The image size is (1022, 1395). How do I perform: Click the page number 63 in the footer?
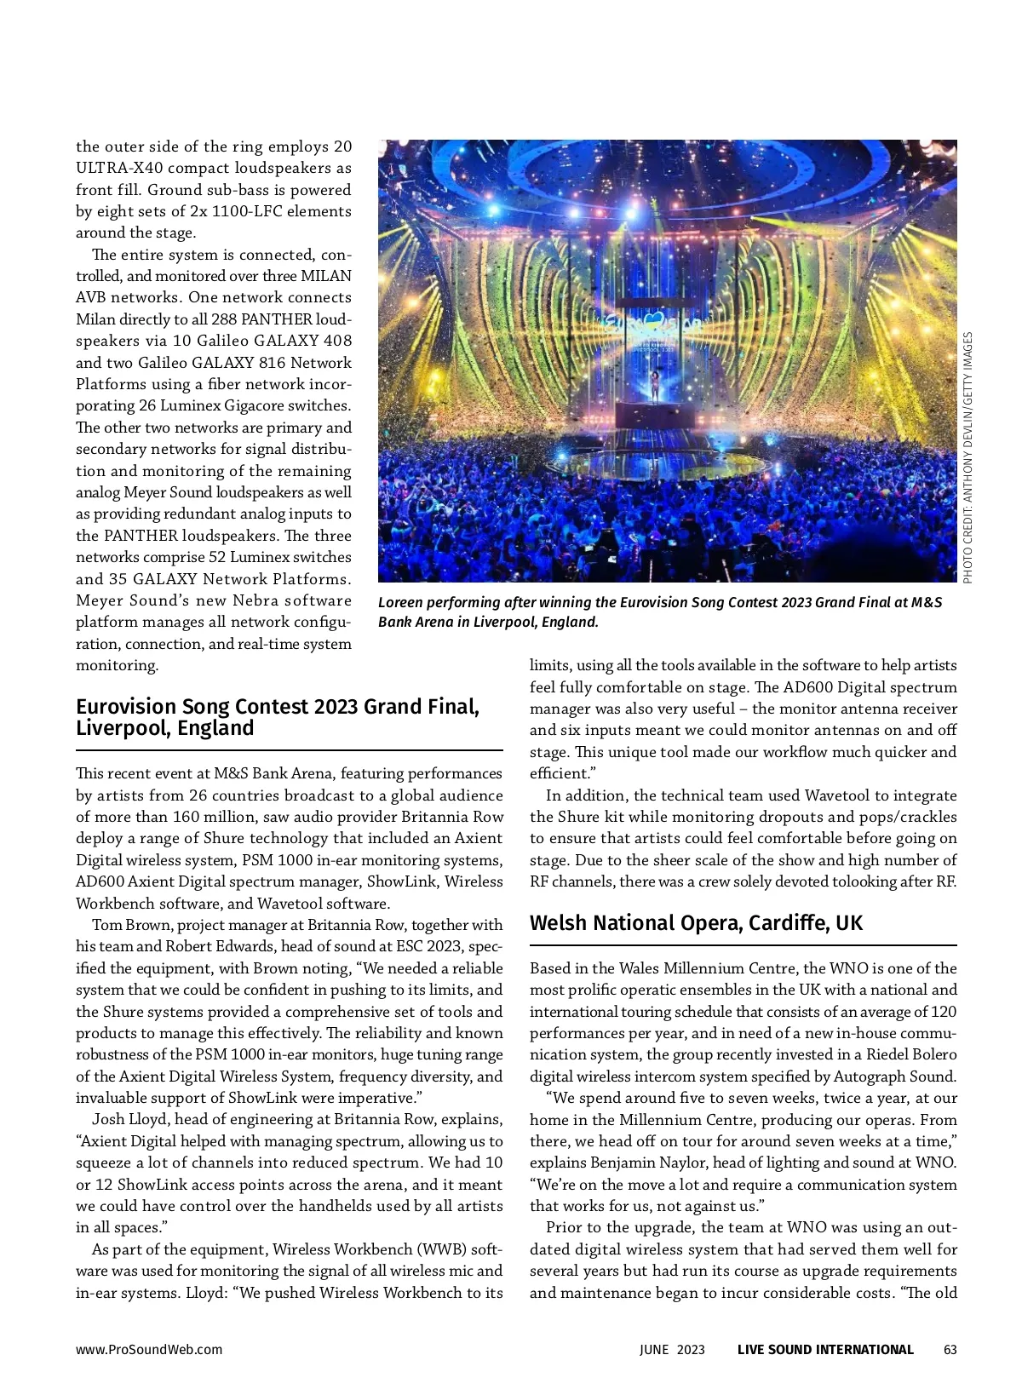950,1350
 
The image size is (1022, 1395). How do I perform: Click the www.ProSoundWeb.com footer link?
149,1350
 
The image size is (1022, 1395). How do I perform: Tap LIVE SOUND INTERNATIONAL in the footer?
825,1350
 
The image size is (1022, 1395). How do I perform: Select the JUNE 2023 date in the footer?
673,1350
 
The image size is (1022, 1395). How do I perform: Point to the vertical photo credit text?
967,457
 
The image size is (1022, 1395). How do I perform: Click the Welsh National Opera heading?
696,923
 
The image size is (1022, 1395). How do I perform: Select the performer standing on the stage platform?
655,388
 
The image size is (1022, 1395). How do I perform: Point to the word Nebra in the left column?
256,600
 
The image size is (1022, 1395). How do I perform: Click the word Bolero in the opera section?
934,1055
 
